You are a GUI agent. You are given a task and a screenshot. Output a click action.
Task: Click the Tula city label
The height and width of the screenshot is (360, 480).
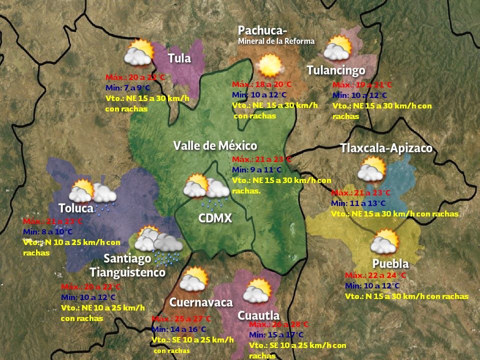click(x=179, y=58)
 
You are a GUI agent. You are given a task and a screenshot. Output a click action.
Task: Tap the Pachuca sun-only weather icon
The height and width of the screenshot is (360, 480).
click(x=269, y=65)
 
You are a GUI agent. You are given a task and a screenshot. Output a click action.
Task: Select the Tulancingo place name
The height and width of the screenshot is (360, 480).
click(x=335, y=70)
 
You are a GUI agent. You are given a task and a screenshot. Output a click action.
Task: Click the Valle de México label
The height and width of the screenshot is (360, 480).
click(x=215, y=145)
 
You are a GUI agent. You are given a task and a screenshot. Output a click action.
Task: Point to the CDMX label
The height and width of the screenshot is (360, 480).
click(x=215, y=218)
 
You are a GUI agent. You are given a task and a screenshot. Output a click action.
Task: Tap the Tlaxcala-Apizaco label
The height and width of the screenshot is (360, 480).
click(x=386, y=148)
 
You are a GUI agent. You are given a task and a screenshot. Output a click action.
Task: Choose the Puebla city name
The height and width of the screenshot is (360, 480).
click(x=390, y=263)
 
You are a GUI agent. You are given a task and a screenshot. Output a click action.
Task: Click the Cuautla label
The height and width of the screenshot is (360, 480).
click(x=258, y=315)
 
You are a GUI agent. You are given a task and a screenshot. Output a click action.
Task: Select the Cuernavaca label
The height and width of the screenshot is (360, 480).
click(x=201, y=302)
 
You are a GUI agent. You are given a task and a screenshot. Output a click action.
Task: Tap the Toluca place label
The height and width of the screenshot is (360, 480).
click(x=75, y=208)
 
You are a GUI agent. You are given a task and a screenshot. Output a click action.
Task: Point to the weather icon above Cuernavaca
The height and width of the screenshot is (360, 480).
click(x=193, y=279)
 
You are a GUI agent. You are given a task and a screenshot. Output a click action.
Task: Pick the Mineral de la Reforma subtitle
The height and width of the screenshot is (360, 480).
click(x=276, y=41)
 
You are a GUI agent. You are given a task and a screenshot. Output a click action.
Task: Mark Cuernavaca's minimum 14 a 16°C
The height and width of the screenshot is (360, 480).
click(x=178, y=329)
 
